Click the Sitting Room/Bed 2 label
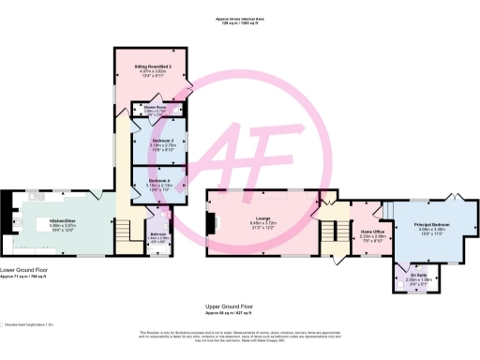point(151,68)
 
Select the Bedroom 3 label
point(151,142)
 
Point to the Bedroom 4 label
point(151,180)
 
